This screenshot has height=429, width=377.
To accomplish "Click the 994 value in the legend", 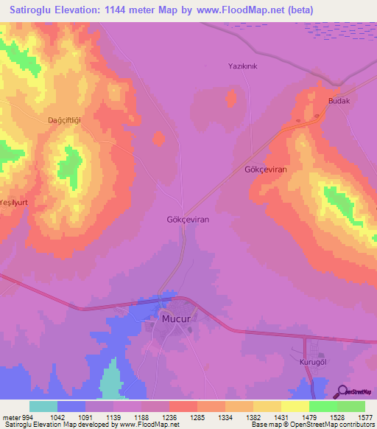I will (29, 416).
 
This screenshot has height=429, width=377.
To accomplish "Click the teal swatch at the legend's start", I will (43, 406).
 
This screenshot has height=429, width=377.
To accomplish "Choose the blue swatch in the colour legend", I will (71, 406).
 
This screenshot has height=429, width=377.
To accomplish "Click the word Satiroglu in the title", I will (32, 10).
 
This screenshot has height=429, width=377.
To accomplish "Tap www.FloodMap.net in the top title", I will (236, 10).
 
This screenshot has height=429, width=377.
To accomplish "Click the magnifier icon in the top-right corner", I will (340, 82).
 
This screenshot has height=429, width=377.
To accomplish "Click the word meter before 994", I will (11, 416).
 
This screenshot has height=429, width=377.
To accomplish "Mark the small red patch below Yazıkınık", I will (232, 97).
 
